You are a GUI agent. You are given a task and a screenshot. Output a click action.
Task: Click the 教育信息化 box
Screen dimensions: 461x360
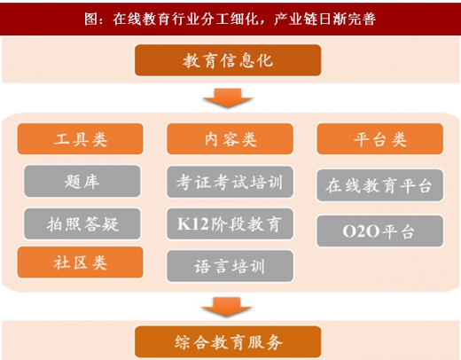coord(228,60)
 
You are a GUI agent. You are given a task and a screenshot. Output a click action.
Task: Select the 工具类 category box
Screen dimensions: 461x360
coord(81,139)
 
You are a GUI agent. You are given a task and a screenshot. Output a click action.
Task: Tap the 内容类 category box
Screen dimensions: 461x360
coord(230,139)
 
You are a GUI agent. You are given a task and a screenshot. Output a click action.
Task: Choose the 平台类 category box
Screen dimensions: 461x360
coord(380,139)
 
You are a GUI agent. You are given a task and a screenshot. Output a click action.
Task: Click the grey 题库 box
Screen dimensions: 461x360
coord(82,181)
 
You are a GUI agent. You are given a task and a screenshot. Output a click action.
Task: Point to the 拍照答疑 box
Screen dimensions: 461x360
coord(82,223)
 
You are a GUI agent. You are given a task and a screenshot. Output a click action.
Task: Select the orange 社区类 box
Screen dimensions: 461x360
coord(81,262)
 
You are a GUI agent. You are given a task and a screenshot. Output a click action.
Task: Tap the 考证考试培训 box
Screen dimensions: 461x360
coord(230,182)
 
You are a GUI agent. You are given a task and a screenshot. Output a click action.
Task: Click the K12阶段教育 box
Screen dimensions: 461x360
coord(230,223)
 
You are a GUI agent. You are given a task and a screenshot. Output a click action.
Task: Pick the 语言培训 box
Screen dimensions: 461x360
coord(230,266)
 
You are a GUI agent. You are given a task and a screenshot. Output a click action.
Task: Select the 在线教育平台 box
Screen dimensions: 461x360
coord(380,185)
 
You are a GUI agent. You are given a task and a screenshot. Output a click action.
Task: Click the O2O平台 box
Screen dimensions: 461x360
coord(380,231)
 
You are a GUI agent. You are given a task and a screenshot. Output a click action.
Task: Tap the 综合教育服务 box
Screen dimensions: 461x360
coord(228,342)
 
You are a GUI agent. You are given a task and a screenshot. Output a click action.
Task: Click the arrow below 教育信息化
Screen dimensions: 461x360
coord(228,98)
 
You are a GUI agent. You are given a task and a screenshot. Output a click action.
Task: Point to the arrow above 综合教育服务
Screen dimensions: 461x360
coord(227,307)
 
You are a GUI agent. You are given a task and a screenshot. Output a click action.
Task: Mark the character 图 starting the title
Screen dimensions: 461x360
coord(91,20)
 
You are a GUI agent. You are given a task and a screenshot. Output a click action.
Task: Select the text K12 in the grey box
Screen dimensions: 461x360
coord(193,223)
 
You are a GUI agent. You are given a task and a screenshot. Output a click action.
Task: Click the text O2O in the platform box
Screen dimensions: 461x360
coord(361,231)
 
